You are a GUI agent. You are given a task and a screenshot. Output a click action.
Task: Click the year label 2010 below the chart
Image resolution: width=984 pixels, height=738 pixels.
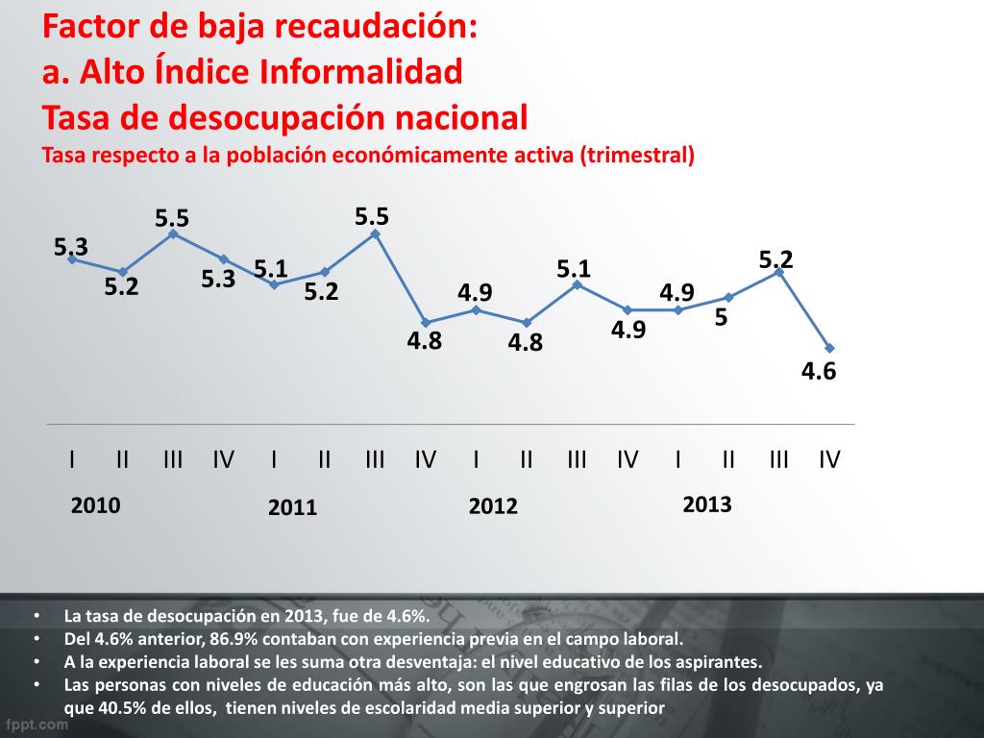(x=96, y=505)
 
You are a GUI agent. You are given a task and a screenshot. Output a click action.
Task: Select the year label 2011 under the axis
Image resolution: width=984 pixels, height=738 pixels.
(x=293, y=508)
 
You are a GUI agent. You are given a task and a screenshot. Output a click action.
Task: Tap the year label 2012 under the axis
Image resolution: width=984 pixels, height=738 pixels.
(x=493, y=506)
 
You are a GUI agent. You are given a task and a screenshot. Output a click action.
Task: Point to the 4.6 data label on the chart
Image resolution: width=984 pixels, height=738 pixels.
(x=819, y=371)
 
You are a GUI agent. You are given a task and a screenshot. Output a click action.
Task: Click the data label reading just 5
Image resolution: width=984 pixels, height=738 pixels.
(x=720, y=318)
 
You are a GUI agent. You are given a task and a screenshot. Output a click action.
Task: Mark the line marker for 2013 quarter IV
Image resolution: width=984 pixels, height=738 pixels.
(x=829, y=348)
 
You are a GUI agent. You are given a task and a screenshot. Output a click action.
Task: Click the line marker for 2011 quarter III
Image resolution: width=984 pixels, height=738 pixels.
(x=375, y=234)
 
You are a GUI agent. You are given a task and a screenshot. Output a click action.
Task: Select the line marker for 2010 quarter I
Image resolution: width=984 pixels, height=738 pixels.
(x=72, y=259)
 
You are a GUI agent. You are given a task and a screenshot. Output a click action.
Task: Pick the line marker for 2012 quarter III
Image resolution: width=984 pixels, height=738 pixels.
(x=577, y=284)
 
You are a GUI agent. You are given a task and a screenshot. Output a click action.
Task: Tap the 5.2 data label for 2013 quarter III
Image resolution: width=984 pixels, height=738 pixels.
(x=775, y=259)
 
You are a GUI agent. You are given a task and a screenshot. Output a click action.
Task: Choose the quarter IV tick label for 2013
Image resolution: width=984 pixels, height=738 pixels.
(x=829, y=459)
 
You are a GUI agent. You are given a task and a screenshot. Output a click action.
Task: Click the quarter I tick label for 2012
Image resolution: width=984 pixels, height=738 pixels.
(x=476, y=459)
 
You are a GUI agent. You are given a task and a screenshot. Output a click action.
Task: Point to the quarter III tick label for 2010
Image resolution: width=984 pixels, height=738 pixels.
(x=173, y=459)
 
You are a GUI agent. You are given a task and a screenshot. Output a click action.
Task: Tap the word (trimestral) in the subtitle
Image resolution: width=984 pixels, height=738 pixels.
(x=637, y=155)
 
